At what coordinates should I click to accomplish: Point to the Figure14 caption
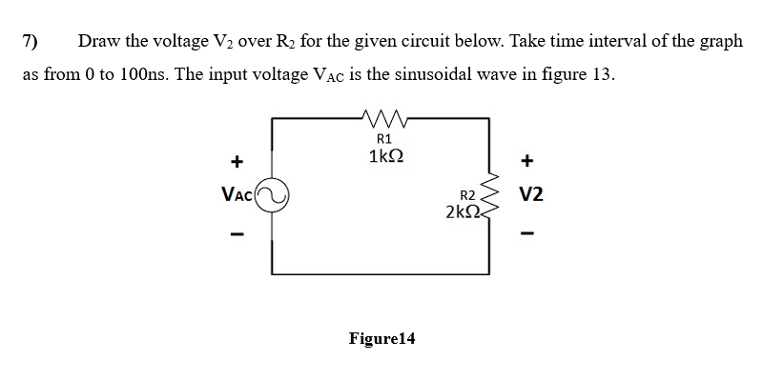pos(381,338)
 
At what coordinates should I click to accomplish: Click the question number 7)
pos(31,42)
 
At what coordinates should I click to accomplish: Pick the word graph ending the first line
pos(717,43)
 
